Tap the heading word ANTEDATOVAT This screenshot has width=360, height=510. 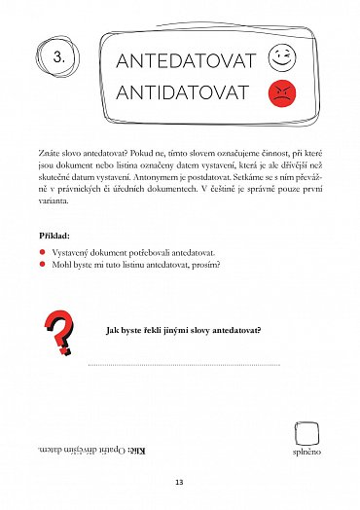(185, 61)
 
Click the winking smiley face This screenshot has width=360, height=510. (281, 56)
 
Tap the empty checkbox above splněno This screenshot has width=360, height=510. (306, 431)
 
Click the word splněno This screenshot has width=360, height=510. (306, 453)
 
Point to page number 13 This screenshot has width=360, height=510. (179, 482)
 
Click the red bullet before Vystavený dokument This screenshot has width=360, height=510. (43, 252)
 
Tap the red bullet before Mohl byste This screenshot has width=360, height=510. (43, 264)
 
